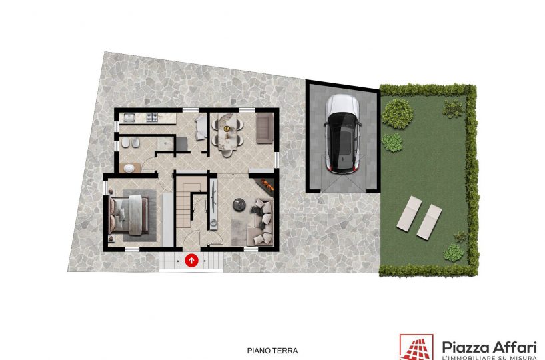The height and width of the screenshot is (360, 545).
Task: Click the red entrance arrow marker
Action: [191, 260]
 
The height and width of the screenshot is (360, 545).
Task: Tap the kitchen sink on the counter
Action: [129, 118]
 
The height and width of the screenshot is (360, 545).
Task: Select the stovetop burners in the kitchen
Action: [152, 117]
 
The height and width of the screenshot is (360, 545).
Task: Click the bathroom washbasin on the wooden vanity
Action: [129, 169]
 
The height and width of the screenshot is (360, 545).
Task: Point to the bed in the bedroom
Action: [129, 215]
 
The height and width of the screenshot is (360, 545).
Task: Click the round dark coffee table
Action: [239, 205]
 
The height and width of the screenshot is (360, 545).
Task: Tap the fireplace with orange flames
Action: [265, 186]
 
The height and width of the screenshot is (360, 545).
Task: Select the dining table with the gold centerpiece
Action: [227, 133]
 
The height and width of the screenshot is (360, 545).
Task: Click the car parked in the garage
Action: [343, 134]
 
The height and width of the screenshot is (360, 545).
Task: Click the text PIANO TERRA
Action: [272, 351]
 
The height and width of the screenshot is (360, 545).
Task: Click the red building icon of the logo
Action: [416, 347]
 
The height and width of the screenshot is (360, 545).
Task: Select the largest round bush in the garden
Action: [397, 114]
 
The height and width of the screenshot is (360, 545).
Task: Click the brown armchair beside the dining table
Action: [265, 129]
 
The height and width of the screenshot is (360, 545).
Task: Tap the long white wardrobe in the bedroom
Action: [167, 220]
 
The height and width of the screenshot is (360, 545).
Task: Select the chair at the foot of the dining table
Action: [227, 153]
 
